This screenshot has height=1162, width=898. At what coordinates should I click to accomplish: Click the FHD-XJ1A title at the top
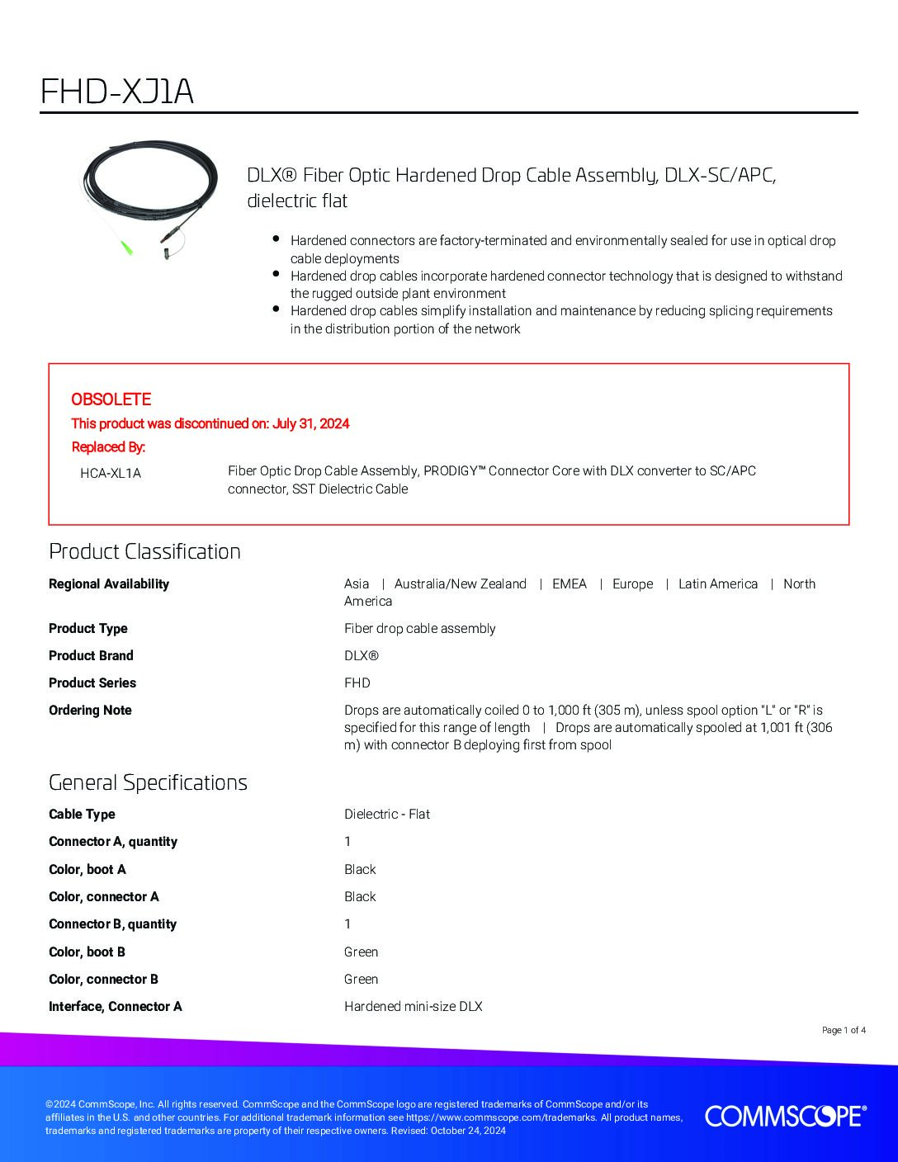[117, 92]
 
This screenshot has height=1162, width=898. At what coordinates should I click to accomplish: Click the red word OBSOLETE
[111, 399]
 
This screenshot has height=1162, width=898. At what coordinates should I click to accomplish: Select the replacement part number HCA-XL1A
[111, 473]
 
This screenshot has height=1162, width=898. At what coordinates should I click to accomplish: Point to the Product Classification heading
[144, 551]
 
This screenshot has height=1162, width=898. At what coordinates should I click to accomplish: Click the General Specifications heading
[148, 782]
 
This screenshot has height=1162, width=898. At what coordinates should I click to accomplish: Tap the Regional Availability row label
[108, 583]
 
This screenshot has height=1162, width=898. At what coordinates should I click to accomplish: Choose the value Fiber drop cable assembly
[419, 628]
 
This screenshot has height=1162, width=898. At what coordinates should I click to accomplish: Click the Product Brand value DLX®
[361, 655]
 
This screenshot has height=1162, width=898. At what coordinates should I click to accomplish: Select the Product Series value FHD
[357, 683]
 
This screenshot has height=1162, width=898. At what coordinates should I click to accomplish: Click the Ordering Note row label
[90, 710]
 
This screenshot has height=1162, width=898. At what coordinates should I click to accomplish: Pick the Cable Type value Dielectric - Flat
[386, 814]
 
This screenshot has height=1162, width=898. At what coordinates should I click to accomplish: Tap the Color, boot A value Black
[360, 869]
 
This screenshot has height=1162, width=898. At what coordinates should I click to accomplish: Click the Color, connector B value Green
[361, 979]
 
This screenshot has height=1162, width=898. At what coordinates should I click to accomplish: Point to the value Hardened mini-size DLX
[413, 1006]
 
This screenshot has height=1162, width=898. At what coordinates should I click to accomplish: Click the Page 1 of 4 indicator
[844, 1030]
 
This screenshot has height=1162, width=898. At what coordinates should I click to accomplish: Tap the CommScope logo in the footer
[785, 1117]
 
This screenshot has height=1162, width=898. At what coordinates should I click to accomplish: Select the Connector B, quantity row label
[112, 923]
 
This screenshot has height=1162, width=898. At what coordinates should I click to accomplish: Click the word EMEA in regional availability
[570, 583]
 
